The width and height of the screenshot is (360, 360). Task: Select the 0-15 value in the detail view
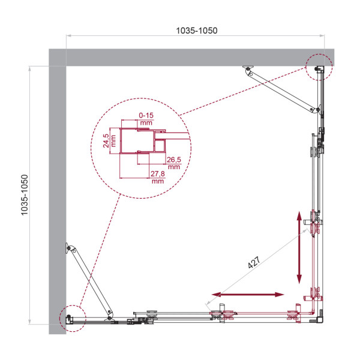click(x=146, y=114)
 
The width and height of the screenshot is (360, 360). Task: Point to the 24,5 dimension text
click(x=106, y=139)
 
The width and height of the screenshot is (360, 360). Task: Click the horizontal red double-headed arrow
click(x=247, y=295)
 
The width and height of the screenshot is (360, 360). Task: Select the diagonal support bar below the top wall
click(x=281, y=90)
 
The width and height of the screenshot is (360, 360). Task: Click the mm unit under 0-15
click(x=146, y=121)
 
